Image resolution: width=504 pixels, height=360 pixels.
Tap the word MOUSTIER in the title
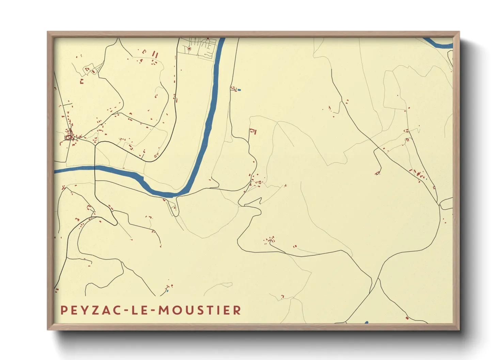click(200, 310)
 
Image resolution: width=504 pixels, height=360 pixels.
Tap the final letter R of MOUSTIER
click(238, 310)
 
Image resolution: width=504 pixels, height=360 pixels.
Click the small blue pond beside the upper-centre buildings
click(239, 90)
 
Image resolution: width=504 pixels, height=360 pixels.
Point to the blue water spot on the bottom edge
click(366, 322)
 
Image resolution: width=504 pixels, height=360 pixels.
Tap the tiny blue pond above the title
click(167, 291)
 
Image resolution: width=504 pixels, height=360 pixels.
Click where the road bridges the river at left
click(95, 167)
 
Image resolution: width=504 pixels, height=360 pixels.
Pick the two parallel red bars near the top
click(155, 54)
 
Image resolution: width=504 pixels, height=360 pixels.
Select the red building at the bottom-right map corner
click(407, 318)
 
